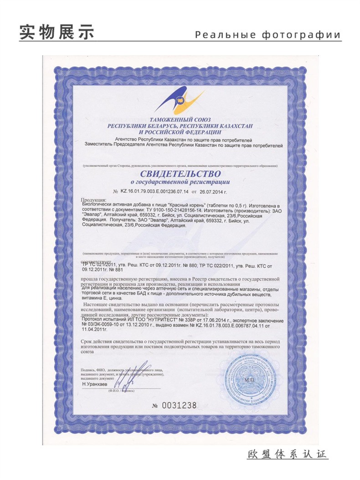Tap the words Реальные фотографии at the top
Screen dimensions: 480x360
[x=267, y=35]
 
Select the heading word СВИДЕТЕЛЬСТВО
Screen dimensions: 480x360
[x=180, y=174]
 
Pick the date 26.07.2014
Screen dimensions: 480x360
[x=212, y=192]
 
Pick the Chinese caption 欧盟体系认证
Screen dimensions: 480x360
[x=288, y=454]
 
